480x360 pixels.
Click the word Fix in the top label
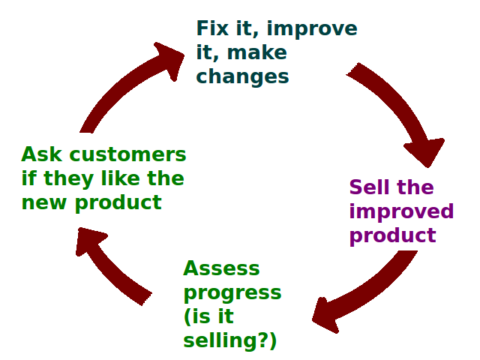213,28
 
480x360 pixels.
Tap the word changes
242,76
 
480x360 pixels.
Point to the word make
267,52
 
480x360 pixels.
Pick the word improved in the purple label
401,211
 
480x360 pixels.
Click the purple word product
392,235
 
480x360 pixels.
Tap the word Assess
221,268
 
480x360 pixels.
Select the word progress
232,292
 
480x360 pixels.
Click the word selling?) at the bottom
229,340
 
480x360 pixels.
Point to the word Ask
39,154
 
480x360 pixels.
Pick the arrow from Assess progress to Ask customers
112,266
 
